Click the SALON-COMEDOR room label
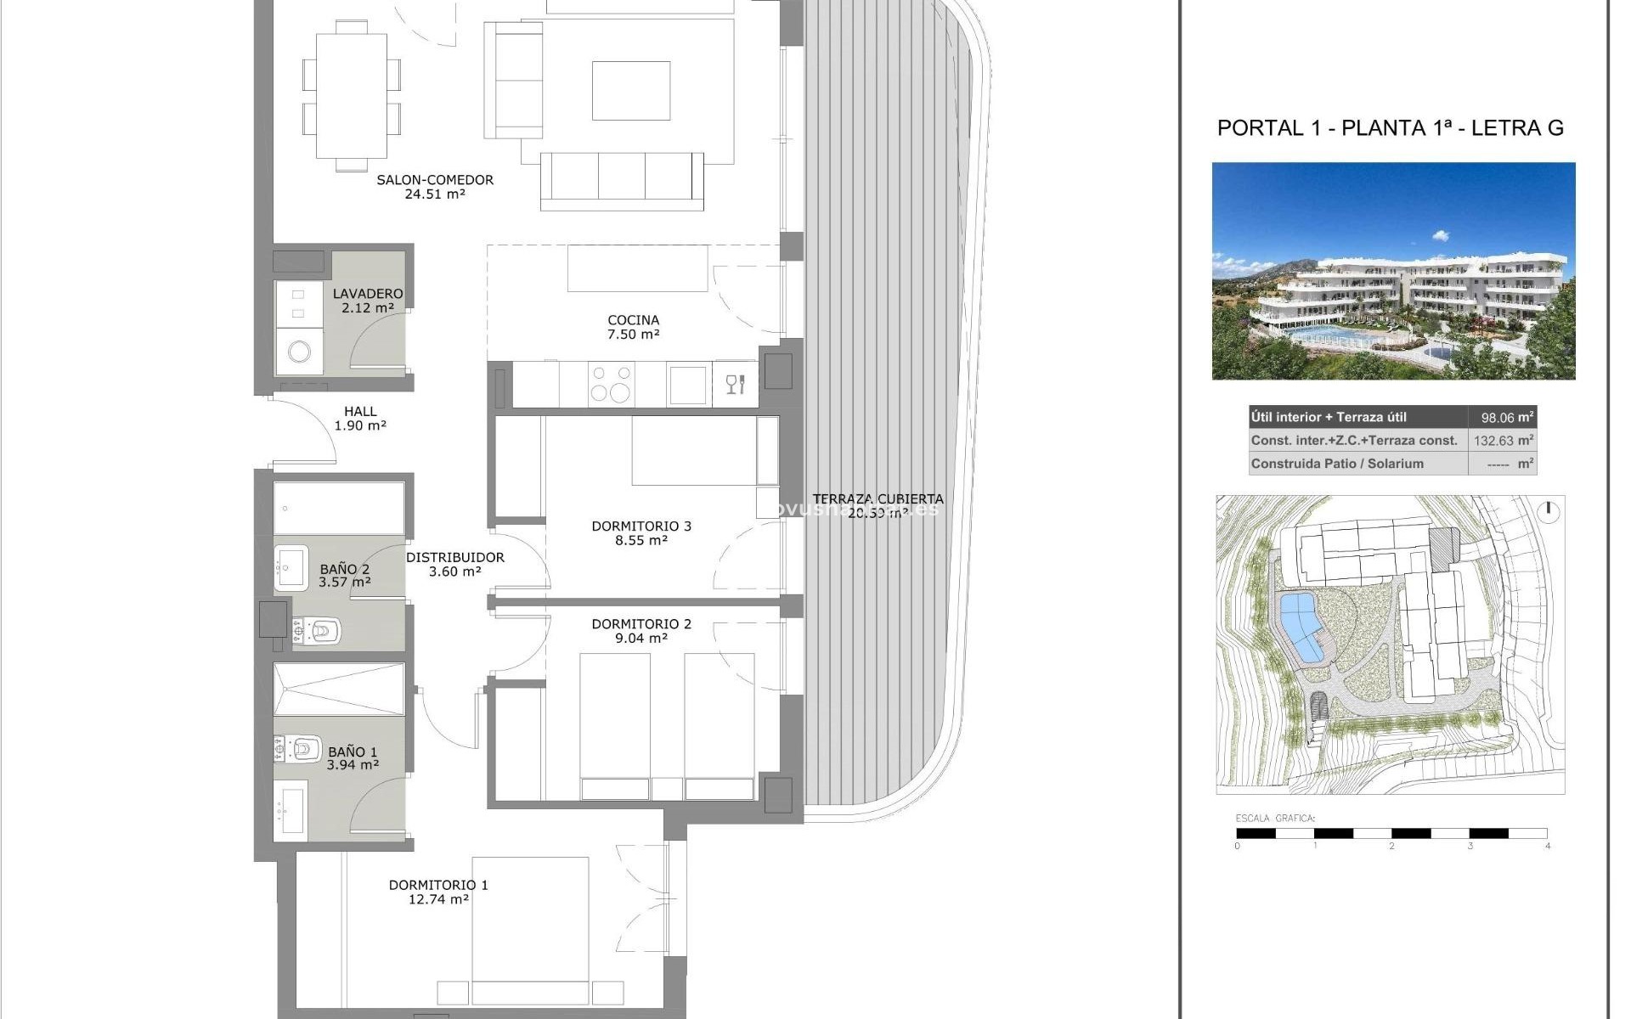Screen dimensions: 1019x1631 (x=435, y=180)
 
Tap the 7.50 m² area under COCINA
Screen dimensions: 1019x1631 (x=634, y=335)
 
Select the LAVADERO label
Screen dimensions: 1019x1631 (x=368, y=294)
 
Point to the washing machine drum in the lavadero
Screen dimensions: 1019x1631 (x=299, y=351)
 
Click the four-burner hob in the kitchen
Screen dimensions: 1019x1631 (x=612, y=384)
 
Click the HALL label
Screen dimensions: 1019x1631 (x=360, y=412)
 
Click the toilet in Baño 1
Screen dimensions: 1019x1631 (x=302, y=748)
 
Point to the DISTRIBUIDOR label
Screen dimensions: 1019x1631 (x=455, y=558)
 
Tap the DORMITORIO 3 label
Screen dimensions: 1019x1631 (x=641, y=526)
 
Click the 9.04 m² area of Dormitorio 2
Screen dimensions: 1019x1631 (x=641, y=639)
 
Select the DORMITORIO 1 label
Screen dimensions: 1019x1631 (x=438, y=885)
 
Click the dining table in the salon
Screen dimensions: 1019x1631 (x=353, y=95)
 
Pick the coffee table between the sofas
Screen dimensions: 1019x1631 (x=631, y=91)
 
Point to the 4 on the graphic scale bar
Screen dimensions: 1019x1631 (x=1547, y=846)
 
